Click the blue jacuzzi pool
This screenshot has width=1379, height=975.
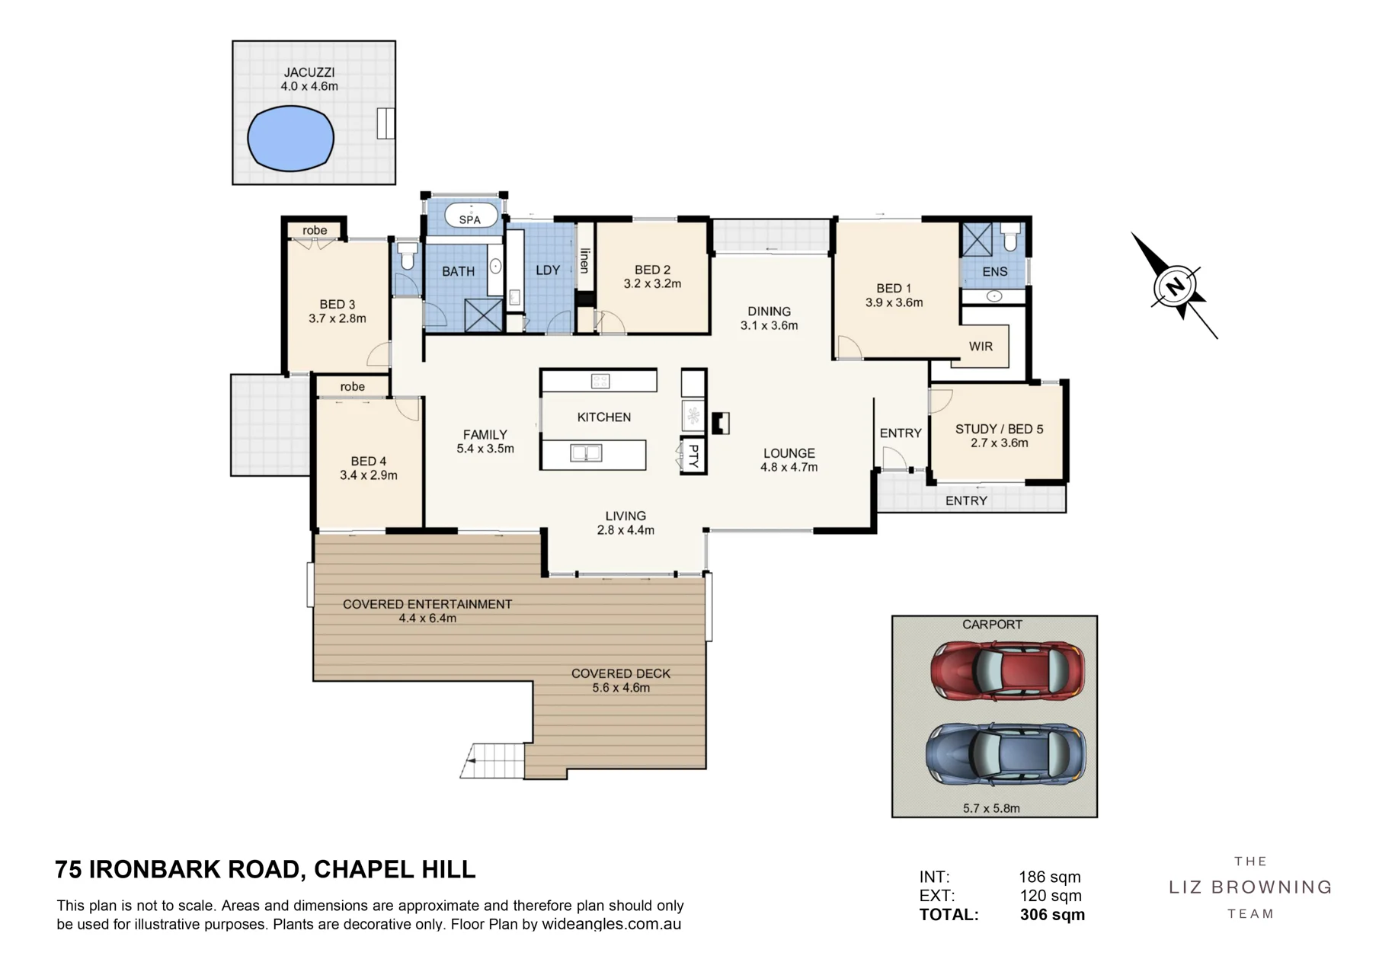291,138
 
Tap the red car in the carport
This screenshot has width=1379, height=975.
1007,670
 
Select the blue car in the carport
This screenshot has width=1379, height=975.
1006,754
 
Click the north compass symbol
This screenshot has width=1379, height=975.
1176,286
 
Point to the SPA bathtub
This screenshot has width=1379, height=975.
471,216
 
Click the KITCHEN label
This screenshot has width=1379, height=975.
604,417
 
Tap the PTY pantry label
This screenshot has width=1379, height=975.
693,456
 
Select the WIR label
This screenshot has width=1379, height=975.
981,347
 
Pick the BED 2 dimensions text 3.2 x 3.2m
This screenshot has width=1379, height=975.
652,284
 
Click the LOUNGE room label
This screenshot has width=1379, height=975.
789,453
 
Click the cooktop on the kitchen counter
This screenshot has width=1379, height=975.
600,381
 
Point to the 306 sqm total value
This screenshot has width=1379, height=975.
1052,915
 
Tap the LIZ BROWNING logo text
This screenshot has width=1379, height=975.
1250,887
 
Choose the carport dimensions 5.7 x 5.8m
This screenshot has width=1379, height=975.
991,808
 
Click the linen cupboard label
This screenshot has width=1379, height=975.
584,261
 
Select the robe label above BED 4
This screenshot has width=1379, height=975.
353,387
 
